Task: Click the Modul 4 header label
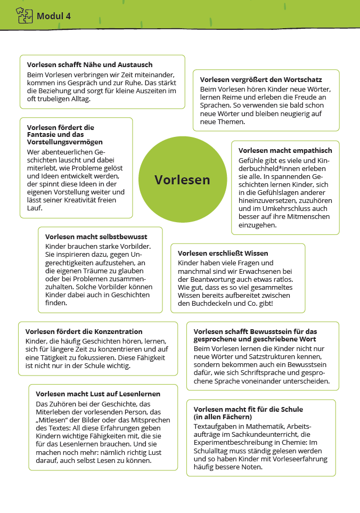click(53, 16)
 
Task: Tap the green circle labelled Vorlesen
click(182, 180)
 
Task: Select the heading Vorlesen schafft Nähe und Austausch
click(89, 64)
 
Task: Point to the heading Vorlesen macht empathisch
click(285, 151)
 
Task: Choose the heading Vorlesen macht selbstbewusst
click(96, 237)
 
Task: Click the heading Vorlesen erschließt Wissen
click(223, 253)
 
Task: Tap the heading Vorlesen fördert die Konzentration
click(84, 331)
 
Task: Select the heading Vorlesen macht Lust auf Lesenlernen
click(98, 394)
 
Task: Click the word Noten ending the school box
click(252, 467)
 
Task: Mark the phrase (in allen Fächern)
click(223, 417)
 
